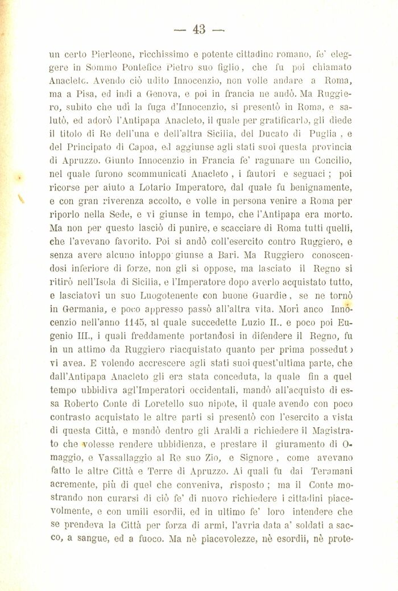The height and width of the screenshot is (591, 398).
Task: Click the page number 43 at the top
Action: pyautogui.click(x=199, y=30)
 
